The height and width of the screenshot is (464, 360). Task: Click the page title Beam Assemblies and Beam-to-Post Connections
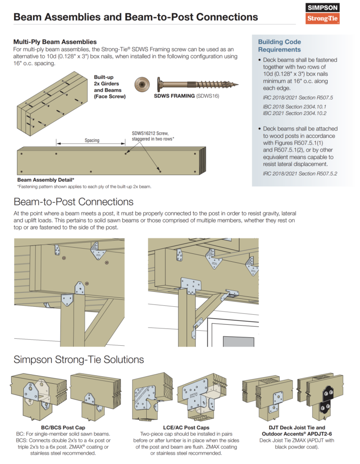pyautogui.click(x=135, y=17)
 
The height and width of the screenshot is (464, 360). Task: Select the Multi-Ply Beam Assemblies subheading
pyautogui.click(x=55, y=42)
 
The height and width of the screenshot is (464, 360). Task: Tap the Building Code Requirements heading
pyautogui.click(x=279, y=46)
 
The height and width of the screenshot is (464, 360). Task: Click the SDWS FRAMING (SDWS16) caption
pyautogui.click(x=186, y=96)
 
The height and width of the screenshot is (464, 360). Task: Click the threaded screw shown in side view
pyautogui.click(x=197, y=84)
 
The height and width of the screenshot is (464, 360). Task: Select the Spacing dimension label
pyautogui.click(x=91, y=140)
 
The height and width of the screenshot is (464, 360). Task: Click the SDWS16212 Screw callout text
pyautogui.click(x=153, y=136)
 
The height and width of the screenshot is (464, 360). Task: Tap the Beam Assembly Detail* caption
pyautogui.click(x=45, y=180)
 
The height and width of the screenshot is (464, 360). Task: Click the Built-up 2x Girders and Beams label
pyautogui.click(x=110, y=87)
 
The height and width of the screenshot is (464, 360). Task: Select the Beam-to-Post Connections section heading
pyautogui.click(x=74, y=202)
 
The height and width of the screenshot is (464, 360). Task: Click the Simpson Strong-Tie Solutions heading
pyautogui.click(x=79, y=359)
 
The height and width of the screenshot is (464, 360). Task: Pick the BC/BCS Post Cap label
pyautogui.click(x=63, y=428)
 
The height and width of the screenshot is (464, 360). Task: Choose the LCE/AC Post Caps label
pyautogui.click(x=186, y=428)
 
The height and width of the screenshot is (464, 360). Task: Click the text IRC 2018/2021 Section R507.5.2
pyautogui.click(x=300, y=174)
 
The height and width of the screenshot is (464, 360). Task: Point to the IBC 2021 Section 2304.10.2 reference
pyautogui.click(x=288, y=113)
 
